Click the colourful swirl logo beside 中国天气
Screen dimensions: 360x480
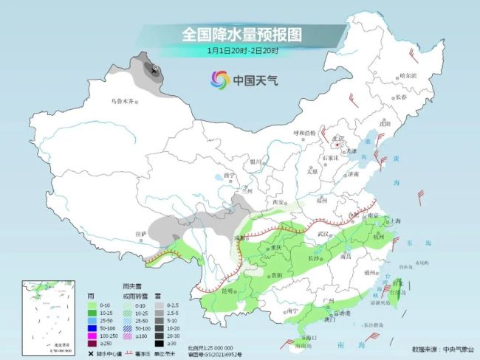(x=219, y=79)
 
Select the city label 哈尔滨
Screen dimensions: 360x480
(x=408, y=76)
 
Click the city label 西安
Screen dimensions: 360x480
(x=278, y=202)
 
